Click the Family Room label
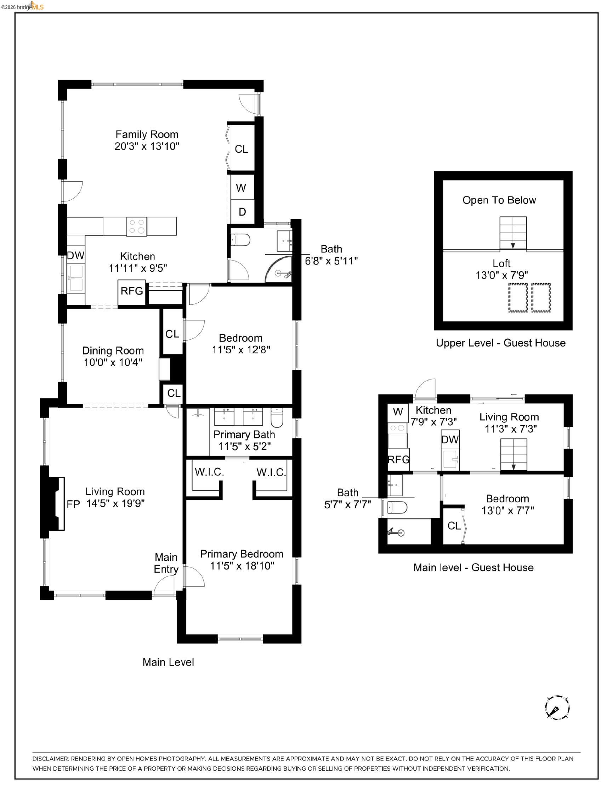pos(147,134)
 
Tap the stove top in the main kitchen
pos(137,227)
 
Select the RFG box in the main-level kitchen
pos(131,291)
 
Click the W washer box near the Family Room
pos(241,188)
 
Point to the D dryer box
pos(242,212)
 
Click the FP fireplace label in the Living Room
pos(73,504)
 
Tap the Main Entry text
pos(166,563)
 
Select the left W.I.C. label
pos(209,472)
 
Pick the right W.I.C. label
pos(271,472)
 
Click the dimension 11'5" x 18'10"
pos(242,566)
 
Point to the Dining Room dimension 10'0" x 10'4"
pos(113,363)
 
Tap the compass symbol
pos(557,707)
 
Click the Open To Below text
pos(499,200)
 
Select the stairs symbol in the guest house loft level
pos(513,233)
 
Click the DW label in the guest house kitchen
pos(450,440)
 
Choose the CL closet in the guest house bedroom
pos(454,525)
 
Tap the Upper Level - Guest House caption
pos(500,343)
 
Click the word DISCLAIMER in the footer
pos(50,759)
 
